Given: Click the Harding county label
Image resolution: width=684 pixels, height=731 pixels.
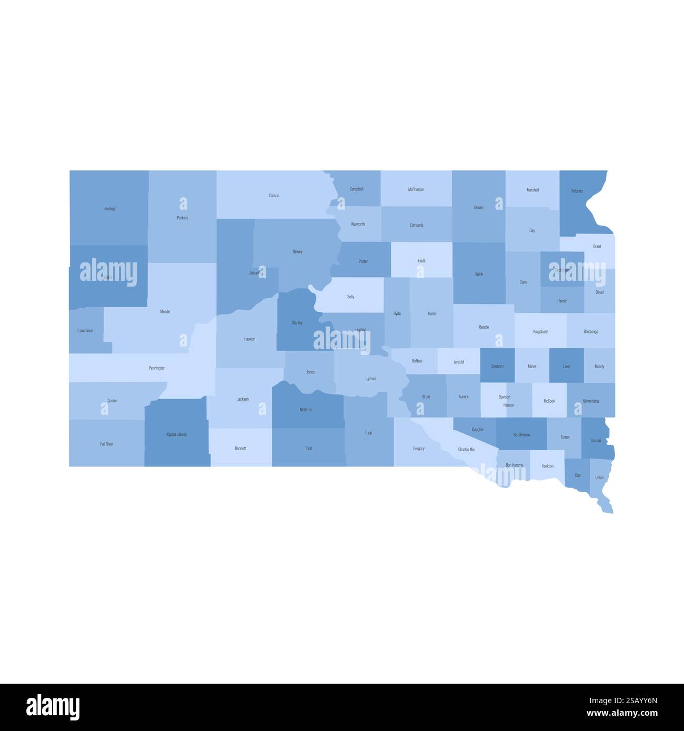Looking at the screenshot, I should tap(109, 209).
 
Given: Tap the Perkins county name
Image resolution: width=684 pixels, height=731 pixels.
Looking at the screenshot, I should tap(182, 218).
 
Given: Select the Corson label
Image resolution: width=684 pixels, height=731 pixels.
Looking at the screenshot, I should tap(274, 196).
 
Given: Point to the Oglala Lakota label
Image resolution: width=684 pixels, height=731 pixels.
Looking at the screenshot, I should tap(177, 434).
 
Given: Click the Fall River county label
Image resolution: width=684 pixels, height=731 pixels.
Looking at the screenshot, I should tap(106, 444).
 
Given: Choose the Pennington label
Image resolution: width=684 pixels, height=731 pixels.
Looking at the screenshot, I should tap(157, 368).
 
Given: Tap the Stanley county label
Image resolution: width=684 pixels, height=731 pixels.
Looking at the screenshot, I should tap(297, 322).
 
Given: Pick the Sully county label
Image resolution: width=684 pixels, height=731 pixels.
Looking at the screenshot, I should tap(350, 297).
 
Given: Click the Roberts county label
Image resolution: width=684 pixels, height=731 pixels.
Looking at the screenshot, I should tap(577, 191).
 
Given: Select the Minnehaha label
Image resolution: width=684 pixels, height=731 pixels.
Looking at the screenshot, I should tap(590, 401).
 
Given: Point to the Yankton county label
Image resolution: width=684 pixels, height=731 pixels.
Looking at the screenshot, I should tap(547, 466).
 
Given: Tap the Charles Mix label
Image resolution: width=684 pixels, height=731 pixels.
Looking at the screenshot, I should tap(466, 450).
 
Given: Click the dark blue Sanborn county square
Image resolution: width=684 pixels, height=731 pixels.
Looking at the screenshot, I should tap(497, 365).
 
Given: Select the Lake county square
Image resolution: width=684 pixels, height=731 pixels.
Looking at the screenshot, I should tap(566, 365).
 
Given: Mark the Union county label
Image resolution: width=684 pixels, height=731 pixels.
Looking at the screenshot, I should tap(599, 478).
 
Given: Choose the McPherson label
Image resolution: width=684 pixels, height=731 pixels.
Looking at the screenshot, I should tap(416, 189).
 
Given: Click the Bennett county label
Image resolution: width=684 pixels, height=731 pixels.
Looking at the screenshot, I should tap(240, 449).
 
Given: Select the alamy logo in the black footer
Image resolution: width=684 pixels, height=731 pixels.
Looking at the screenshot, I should tap(53, 707).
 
